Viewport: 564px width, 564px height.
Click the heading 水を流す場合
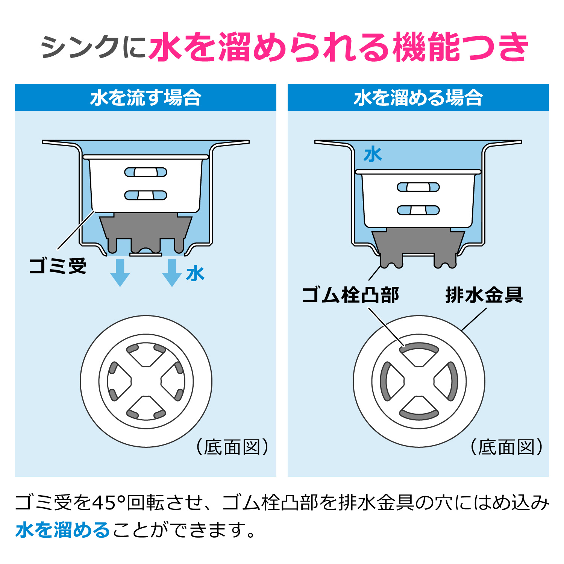pyautogui.click(x=146, y=98)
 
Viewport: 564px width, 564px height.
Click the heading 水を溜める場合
pyautogui.click(x=418, y=98)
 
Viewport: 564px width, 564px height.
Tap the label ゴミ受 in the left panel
pyautogui.click(x=58, y=266)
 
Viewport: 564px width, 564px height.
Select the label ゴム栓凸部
pyautogui.click(x=350, y=295)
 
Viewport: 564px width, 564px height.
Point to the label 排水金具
pyautogui.click(x=484, y=295)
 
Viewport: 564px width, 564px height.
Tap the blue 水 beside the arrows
pyautogui.click(x=195, y=274)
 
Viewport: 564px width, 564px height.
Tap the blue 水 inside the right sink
pyautogui.click(x=373, y=155)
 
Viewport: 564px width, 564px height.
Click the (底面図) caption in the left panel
pyautogui.click(x=232, y=447)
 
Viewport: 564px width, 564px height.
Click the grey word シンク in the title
pyautogui.click(x=80, y=47)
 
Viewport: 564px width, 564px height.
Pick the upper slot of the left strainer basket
pyautogui.click(x=146, y=172)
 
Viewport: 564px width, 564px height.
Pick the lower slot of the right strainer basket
pyautogui.click(x=418, y=210)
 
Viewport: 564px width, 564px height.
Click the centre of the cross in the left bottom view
pyautogui.click(x=146, y=381)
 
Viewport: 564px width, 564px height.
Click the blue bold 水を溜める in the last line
pyautogui.click(x=62, y=530)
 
